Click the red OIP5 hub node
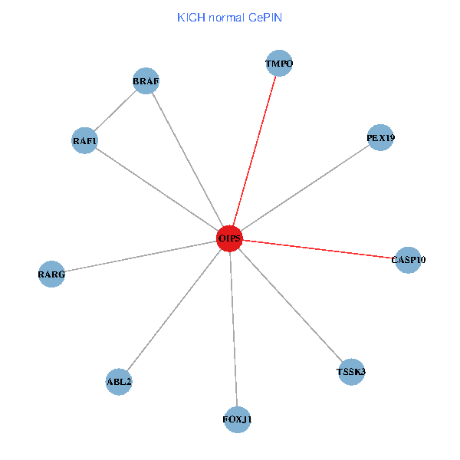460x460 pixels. click(229, 238)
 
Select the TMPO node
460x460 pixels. click(279, 64)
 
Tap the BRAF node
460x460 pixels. click(146, 81)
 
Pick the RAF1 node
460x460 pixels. click(84, 141)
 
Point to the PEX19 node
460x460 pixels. click(380, 138)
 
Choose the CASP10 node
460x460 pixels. click(408, 260)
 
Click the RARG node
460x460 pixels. click(51, 274)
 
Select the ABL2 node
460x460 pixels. click(119, 381)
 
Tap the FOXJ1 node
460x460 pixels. click(237, 419)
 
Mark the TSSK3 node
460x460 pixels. click(351, 372)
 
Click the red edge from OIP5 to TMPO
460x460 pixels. click(255, 150)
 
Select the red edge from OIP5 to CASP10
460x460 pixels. click(319, 249)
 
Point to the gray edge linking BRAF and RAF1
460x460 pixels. click(115, 111)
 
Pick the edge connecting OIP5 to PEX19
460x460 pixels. click(305, 188)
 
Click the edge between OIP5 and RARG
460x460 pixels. click(140, 256)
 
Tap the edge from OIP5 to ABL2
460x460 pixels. click(174, 310)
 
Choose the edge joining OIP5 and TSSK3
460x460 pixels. click(291, 305)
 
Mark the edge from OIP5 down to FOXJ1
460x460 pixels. click(233, 330)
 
